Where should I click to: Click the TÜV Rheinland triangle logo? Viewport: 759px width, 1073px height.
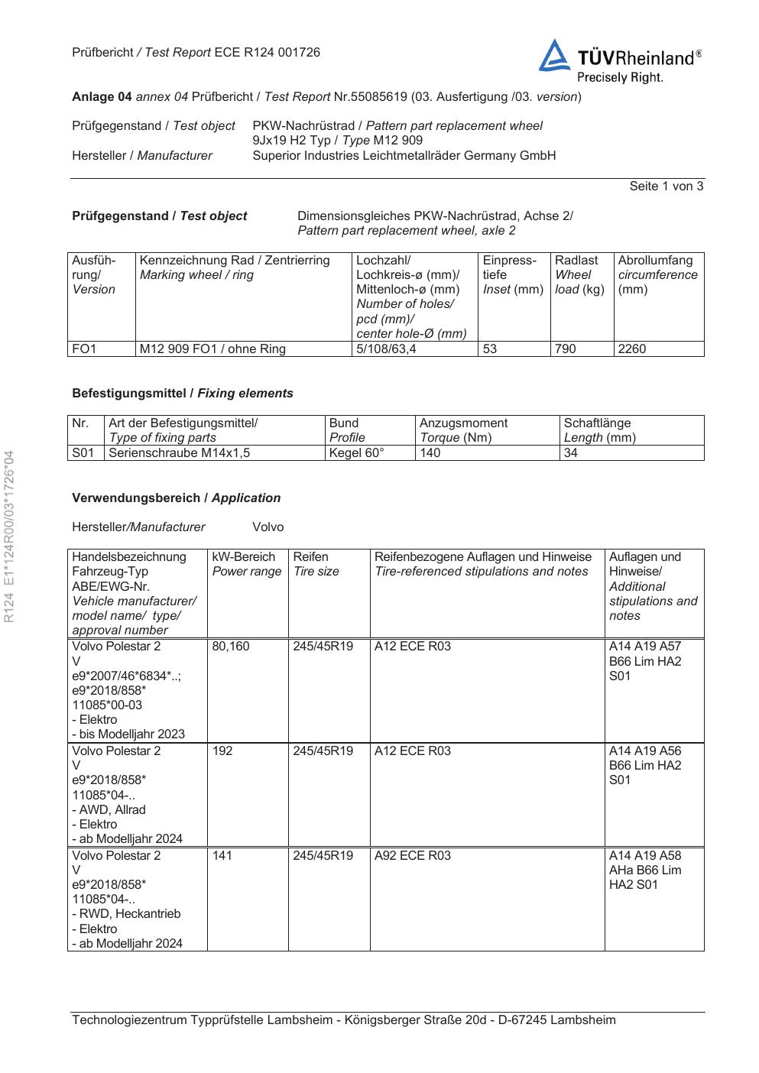554,57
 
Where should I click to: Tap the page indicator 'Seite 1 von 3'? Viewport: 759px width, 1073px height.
666,186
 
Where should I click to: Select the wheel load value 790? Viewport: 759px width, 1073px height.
565,349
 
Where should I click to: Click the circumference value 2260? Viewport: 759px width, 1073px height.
632,349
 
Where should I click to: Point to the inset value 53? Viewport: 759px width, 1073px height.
490,349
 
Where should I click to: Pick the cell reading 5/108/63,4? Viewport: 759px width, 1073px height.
386,349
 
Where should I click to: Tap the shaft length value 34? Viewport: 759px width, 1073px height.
571,453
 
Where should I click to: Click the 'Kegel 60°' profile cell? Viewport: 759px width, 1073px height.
356,453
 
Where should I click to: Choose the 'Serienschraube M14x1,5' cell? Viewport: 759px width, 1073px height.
180,453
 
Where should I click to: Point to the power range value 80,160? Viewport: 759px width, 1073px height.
231,647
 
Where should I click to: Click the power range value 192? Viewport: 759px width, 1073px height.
222,751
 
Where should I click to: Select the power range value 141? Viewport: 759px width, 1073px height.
222,856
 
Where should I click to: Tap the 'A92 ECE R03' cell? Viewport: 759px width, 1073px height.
413,856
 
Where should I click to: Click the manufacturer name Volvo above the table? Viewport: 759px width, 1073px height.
268,527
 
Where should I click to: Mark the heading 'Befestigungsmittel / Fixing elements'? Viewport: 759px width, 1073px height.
183,394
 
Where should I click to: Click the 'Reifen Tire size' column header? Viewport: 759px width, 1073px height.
316,565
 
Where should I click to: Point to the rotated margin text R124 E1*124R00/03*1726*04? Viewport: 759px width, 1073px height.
9,536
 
